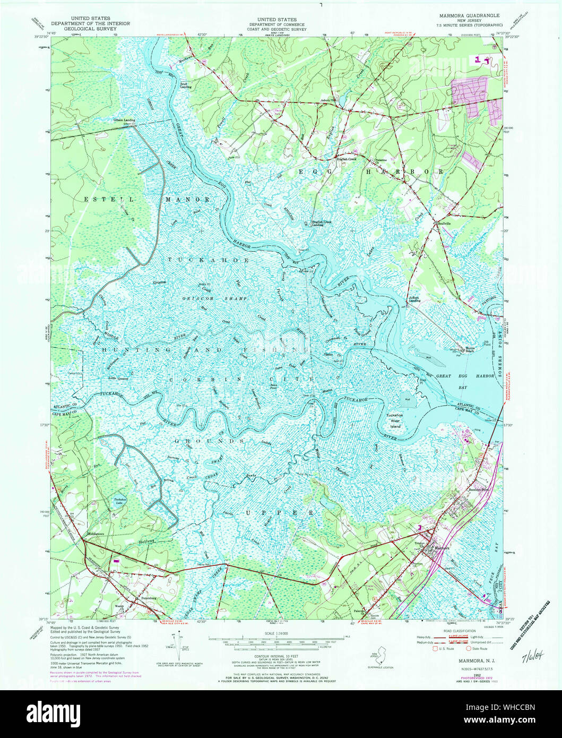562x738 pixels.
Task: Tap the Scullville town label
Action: (x=444, y=224)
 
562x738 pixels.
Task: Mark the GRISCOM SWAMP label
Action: (x=206, y=298)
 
